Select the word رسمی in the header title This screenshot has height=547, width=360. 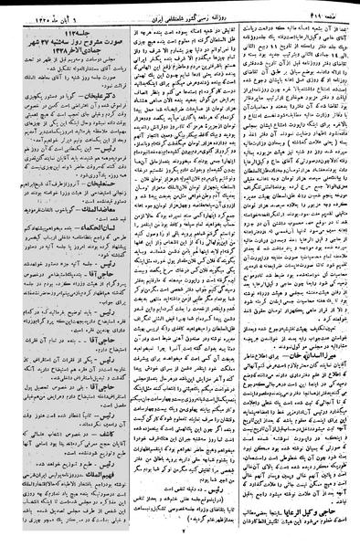click(202, 13)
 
